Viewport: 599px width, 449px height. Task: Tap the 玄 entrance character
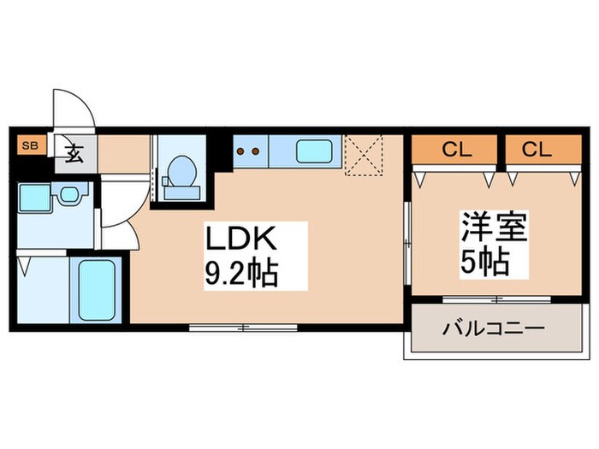74,155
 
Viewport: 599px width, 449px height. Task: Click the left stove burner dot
240,152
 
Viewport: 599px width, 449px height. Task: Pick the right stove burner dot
256,152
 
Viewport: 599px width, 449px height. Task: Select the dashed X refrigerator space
362,155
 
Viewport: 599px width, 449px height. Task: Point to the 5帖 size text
484,261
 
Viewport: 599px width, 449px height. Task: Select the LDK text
240,239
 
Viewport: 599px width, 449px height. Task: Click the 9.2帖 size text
242,275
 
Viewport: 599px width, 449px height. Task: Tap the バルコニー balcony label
492,328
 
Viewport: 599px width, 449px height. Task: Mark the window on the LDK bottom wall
244,326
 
